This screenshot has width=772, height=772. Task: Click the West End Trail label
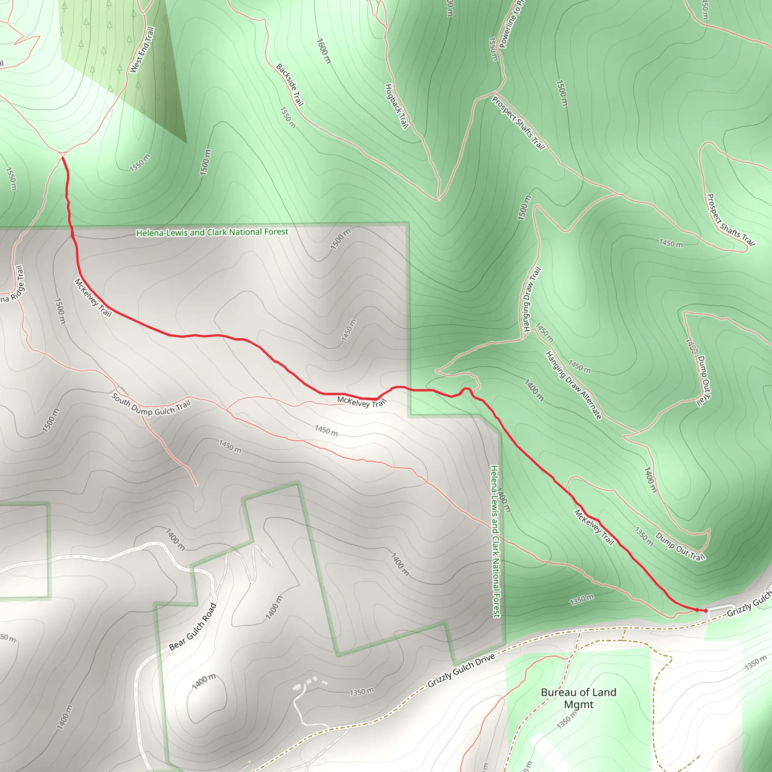142,50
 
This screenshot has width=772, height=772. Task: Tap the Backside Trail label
290,85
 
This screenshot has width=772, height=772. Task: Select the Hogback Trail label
397,106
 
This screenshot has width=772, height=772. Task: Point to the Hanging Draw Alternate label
573,385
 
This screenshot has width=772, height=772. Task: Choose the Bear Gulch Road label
193,626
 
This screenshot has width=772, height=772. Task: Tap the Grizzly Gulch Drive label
461,671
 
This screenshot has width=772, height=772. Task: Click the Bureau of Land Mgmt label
579,698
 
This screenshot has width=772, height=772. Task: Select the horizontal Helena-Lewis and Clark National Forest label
212,232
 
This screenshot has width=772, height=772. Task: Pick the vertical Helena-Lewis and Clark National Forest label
495,541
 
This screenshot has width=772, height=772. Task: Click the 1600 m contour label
324,51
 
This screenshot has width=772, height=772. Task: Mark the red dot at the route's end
706,611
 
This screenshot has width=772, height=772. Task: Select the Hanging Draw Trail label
532,299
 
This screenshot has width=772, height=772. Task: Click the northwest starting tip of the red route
63,158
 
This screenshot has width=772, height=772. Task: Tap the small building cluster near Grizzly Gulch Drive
310,681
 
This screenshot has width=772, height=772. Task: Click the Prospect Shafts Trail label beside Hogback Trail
518,123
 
